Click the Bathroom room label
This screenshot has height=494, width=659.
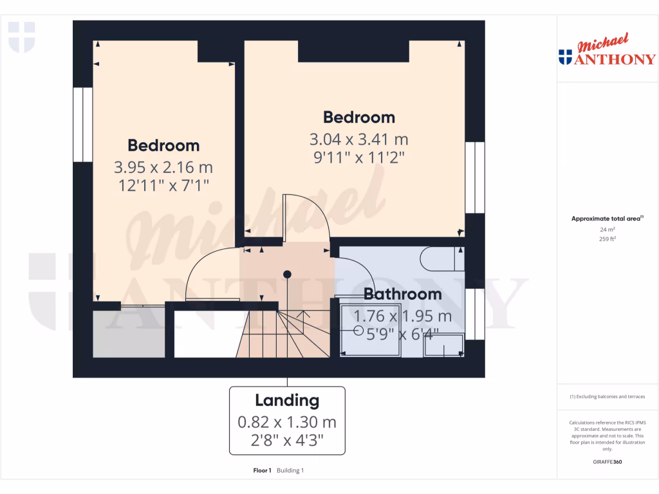[403, 295]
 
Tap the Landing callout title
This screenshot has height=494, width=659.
[287, 401]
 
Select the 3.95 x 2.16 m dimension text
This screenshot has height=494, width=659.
[163, 168]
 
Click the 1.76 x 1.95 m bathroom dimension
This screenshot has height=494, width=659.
[403, 316]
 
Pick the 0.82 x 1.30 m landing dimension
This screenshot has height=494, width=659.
[287, 423]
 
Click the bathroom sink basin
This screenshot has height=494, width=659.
[443, 345]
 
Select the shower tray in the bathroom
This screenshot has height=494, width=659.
[370, 328]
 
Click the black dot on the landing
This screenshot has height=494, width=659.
[288, 275]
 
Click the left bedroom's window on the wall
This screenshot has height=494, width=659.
[82, 125]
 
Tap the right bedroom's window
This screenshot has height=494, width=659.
[474, 178]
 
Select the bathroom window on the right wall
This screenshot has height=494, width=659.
[474, 314]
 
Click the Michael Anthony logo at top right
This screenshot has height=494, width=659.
[607, 51]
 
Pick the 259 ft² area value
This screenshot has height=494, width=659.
[607, 239]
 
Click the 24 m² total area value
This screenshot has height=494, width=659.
[607, 230]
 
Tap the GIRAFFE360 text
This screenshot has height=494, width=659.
[607, 462]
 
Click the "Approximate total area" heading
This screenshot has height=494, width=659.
[606, 219]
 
